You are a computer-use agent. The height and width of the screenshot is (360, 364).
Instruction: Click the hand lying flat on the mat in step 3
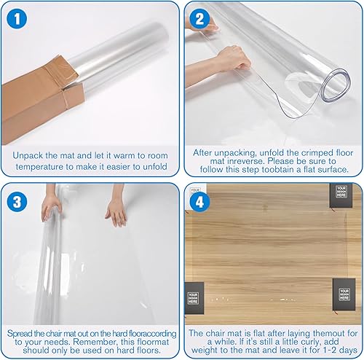[x=116, y=211]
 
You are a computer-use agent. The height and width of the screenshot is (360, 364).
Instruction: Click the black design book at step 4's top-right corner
[x=341, y=194]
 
